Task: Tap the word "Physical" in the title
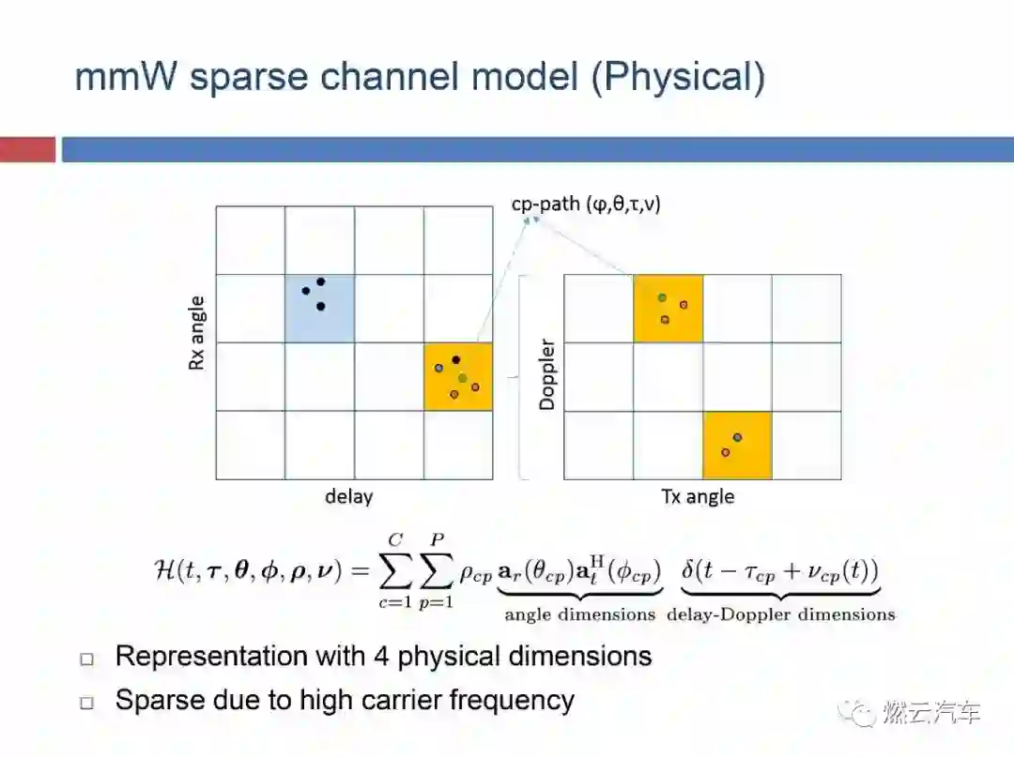click(680, 77)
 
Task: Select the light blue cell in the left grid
click(319, 309)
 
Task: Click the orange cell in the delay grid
click(458, 376)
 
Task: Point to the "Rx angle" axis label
click(197, 334)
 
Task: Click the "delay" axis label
click(348, 497)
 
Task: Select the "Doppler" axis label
click(546, 374)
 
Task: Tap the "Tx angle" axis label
click(698, 497)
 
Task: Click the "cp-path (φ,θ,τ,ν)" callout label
click(586, 203)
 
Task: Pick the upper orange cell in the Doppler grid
click(668, 308)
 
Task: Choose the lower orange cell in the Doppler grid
click(737, 445)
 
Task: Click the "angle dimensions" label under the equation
click(579, 615)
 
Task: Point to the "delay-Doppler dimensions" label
click(780, 615)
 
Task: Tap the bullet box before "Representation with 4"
click(87, 659)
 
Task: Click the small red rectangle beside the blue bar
click(27, 149)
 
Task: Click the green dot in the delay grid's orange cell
click(463, 378)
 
